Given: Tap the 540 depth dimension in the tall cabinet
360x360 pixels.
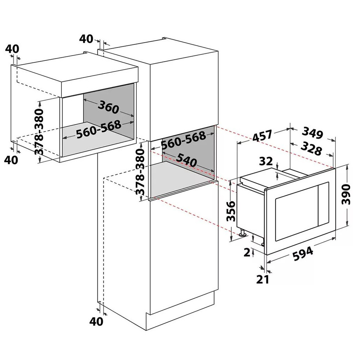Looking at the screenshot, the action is pyautogui.click(x=186, y=160).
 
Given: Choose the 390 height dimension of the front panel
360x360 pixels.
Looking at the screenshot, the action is pyautogui.click(x=346, y=194).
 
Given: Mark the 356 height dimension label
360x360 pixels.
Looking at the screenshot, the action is pyautogui.click(x=231, y=211).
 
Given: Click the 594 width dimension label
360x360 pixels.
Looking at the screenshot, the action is pyautogui.click(x=303, y=253).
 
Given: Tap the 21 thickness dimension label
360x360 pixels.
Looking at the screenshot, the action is pyautogui.click(x=262, y=279).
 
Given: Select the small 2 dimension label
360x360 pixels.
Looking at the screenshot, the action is pyautogui.click(x=247, y=252).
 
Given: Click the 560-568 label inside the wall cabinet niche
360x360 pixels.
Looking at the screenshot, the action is pyautogui.click(x=98, y=129).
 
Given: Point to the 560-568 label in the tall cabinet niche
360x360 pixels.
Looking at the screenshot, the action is pyautogui.click(x=183, y=140).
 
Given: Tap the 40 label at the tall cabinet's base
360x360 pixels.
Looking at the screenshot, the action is pyautogui.click(x=96, y=322).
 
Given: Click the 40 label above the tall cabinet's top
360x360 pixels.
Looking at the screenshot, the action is pyautogui.click(x=86, y=39).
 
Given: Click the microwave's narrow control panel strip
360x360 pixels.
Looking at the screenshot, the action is pyautogui.click(x=323, y=204).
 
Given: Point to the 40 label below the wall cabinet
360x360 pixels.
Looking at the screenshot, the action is pyautogui.click(x=11, y=160).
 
